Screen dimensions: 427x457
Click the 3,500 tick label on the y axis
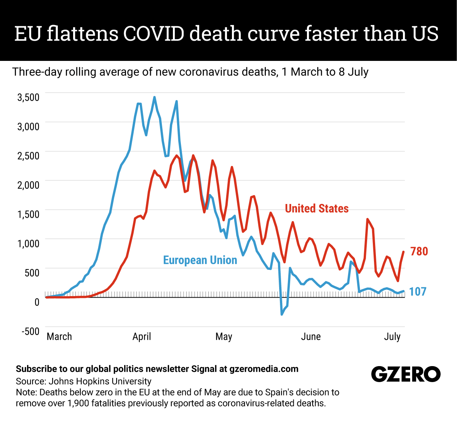(x=29, y=97)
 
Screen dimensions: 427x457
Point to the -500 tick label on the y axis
(x=30, y=331)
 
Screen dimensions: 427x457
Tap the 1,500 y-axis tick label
(x=29, y=214)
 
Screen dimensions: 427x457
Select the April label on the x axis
(x=142, y=337)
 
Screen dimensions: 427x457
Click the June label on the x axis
(x=311, y=337)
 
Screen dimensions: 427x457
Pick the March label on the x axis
(x=59, y=337)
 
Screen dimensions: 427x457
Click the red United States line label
(x=316, y=209)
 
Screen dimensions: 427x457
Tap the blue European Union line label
(x=200, y=260)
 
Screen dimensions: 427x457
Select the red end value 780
(x=419, y=252)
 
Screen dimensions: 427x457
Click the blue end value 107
(x=418, y=292)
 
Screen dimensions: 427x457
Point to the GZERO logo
(x=406, y=374)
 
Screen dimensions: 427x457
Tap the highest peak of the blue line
(x=154, y=97)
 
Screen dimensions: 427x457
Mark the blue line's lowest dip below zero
(x=282, y=314)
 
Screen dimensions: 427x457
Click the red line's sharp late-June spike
(x=368, y=219)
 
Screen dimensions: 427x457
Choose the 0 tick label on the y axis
(x=37, y=302)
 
